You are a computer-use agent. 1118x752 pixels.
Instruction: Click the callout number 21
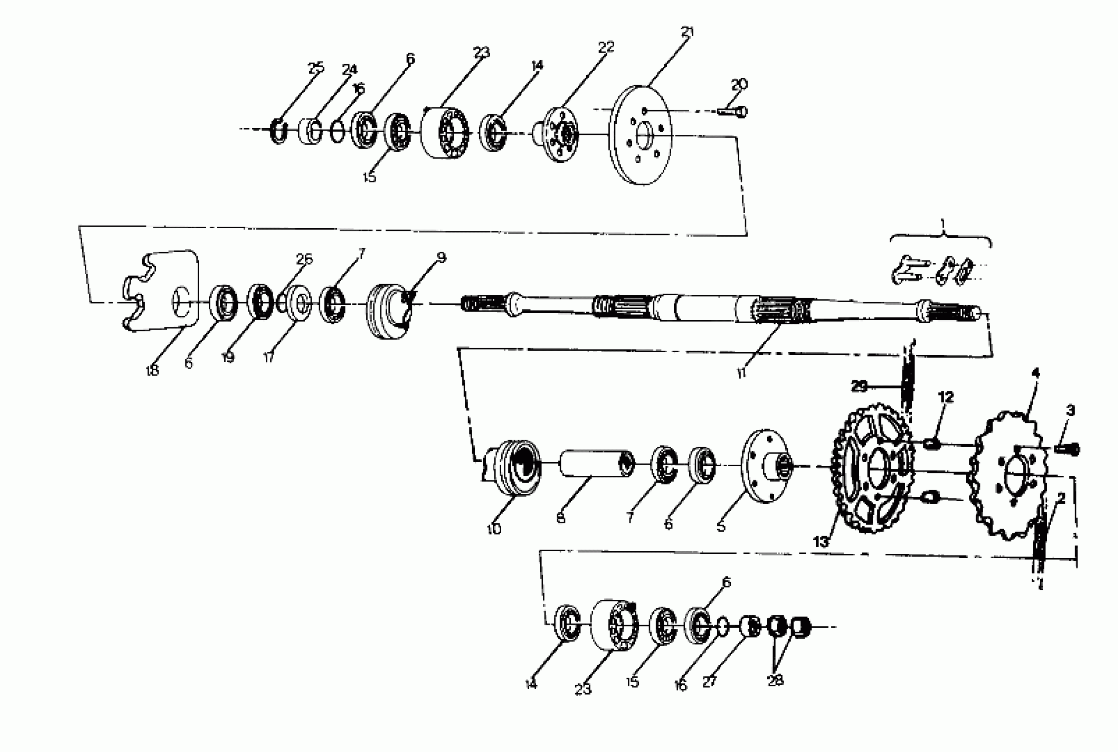pyautogui.click(x=687, y=33)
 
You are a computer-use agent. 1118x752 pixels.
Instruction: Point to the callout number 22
pyautogui.click(x=606, y=47)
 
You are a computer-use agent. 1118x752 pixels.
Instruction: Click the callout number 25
pyautogui.click(x=315, y=68)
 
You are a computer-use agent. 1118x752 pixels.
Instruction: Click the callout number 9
pyautogui.click(x=441, y=257)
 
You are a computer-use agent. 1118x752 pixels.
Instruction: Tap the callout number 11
pyautogui.click(x=741, y=373)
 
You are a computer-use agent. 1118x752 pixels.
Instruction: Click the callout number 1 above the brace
pyautogui.click(x=942, y=223)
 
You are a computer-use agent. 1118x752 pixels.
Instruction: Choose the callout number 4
pyautogui.click(x=1036, y=373)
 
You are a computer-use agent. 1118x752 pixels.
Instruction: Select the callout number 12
pyautogui.click(x=946, y=397)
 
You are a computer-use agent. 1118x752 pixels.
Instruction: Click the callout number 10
pyautogui.click(x=494, y=529)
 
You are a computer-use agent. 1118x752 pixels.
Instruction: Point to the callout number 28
pyautogui.click(x=775, y=679)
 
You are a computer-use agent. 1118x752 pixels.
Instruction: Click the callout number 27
pyautogui.click(x=709, y=682)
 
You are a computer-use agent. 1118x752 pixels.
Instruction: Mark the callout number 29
pyautogui.click(x=859, y=386)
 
